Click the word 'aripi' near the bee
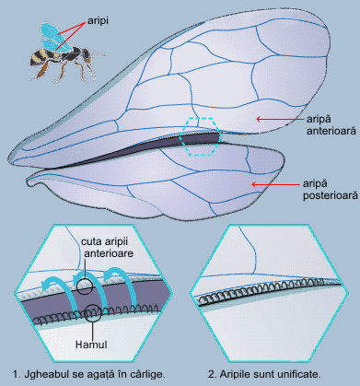tap(98, 21)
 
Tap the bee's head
tap(86, 53)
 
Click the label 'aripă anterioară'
tap(331, 124)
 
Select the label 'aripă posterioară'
tap(331, 190)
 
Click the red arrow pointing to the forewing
tap(280, 119)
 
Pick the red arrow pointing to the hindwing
tap(275, 184)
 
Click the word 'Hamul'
tap(91, 345)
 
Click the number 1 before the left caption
tap(16, 374)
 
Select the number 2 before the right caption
tap(212, 374)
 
